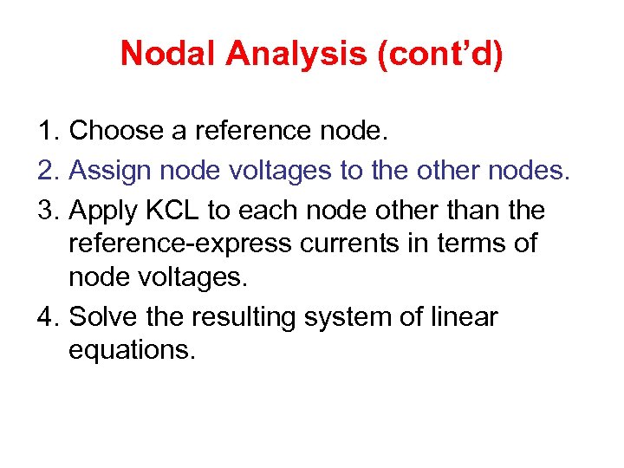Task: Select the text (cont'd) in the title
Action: [x=441, y=54]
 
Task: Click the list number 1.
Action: [x=47, y=131]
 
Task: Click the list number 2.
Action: [x=47, y=171]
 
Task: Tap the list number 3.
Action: [x=47, y=211]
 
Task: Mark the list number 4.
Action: [x=47, y=317]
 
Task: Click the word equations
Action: [x=132, y=351]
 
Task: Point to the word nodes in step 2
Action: [x=532, y=171]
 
